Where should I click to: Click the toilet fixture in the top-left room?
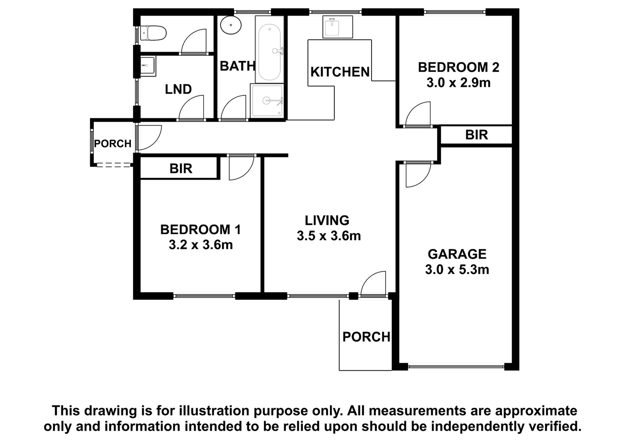[x=153, y=34]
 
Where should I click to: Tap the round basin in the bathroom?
[x=231, y=25]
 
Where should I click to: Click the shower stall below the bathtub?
[x=267, y=101]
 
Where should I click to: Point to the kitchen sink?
[x=337, y=27]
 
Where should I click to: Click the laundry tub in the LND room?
[x=148, y=66]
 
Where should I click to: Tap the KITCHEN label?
[x=340, y=72]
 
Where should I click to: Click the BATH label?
[x=237, y=66]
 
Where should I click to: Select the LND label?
[x=178, y=89]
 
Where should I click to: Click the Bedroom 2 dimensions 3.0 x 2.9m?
[x=459, y=83]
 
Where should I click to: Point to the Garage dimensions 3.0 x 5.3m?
[x=457, y=270]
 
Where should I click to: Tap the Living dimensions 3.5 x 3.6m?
[x=329, y=236]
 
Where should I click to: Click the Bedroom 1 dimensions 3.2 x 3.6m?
[x=201, y=245]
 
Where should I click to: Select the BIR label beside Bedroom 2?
[x=477, y=135]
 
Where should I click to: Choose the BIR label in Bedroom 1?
[x=181, y=169]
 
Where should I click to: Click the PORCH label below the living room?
[x=366, y=337]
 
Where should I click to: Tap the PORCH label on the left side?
[x=113, y=144]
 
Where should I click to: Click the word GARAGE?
[x=457, y=254]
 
